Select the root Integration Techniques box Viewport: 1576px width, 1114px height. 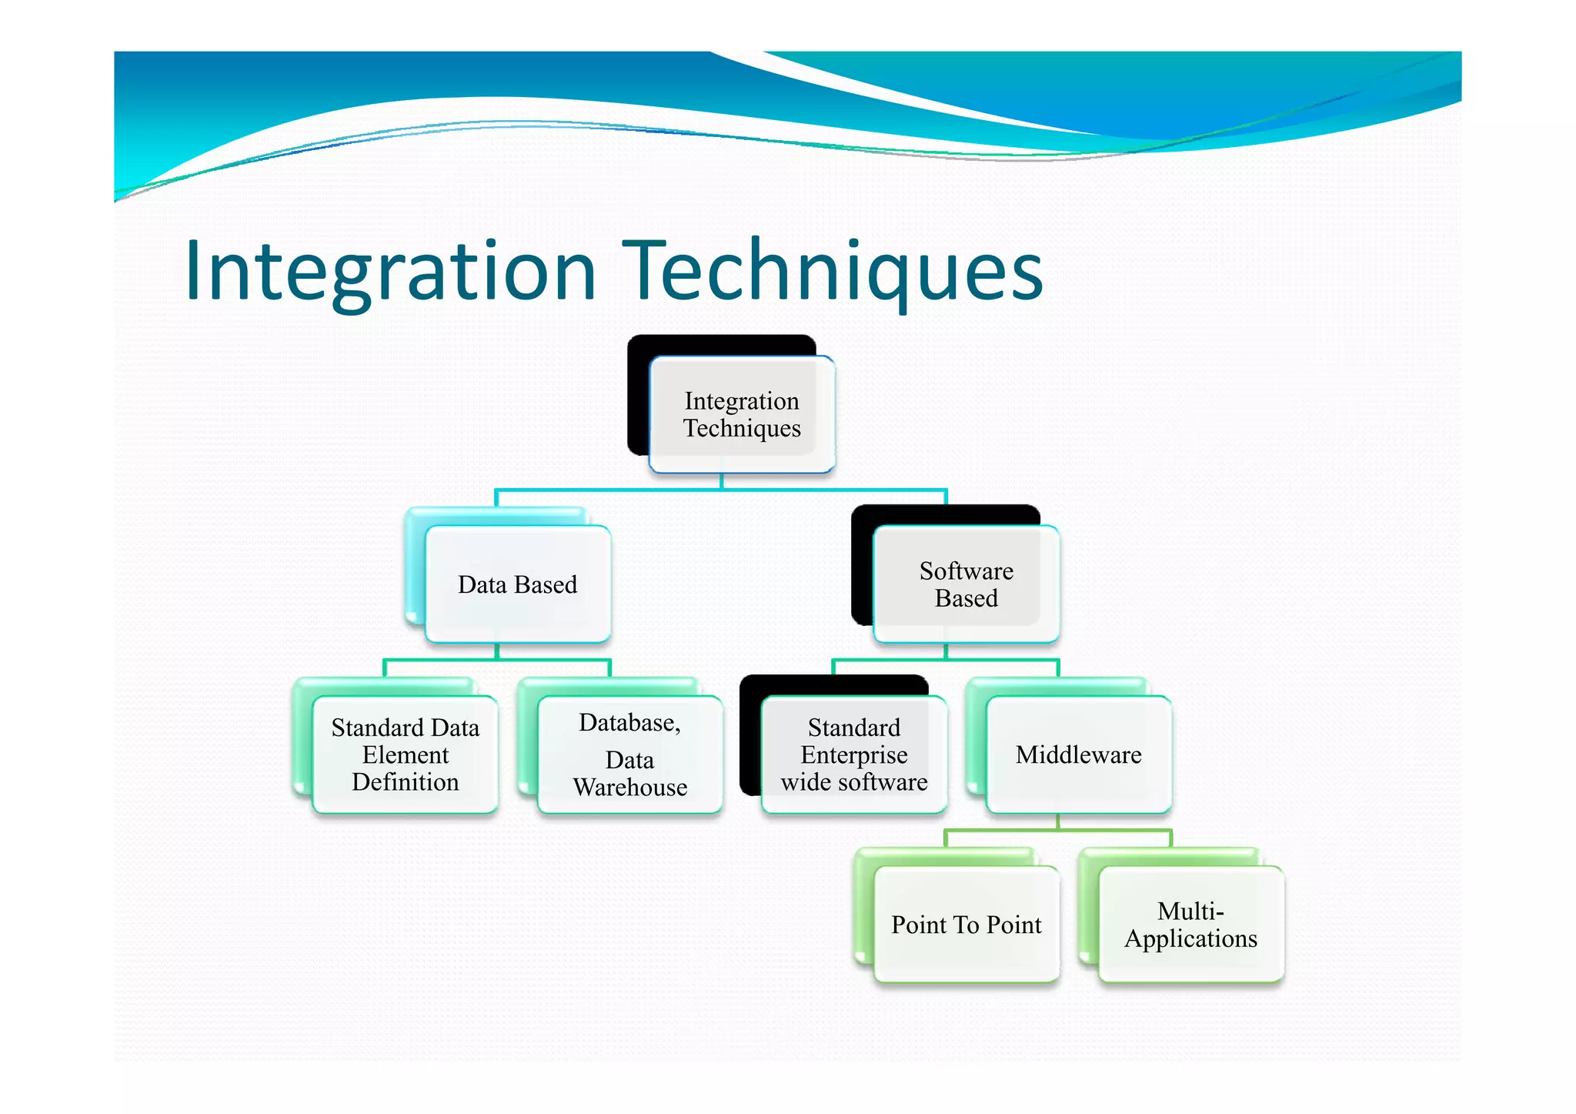point(742,414)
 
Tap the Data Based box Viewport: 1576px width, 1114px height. point(517,584)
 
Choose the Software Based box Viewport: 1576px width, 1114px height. point(966,584)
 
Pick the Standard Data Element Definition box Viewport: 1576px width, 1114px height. point(405,754)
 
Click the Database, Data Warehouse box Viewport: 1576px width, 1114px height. point(629,754)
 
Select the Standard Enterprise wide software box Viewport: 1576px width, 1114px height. point(853,754)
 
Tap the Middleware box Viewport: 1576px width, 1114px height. point(1078,754)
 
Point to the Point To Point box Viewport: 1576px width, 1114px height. point(966,924)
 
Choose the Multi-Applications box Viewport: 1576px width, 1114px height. point(1190,924)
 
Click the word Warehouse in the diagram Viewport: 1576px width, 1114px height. point(629,788)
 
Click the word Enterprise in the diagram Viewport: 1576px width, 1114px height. point(853,755)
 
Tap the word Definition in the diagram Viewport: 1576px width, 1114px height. point(405,782)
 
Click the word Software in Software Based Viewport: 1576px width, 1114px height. point(966,571)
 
